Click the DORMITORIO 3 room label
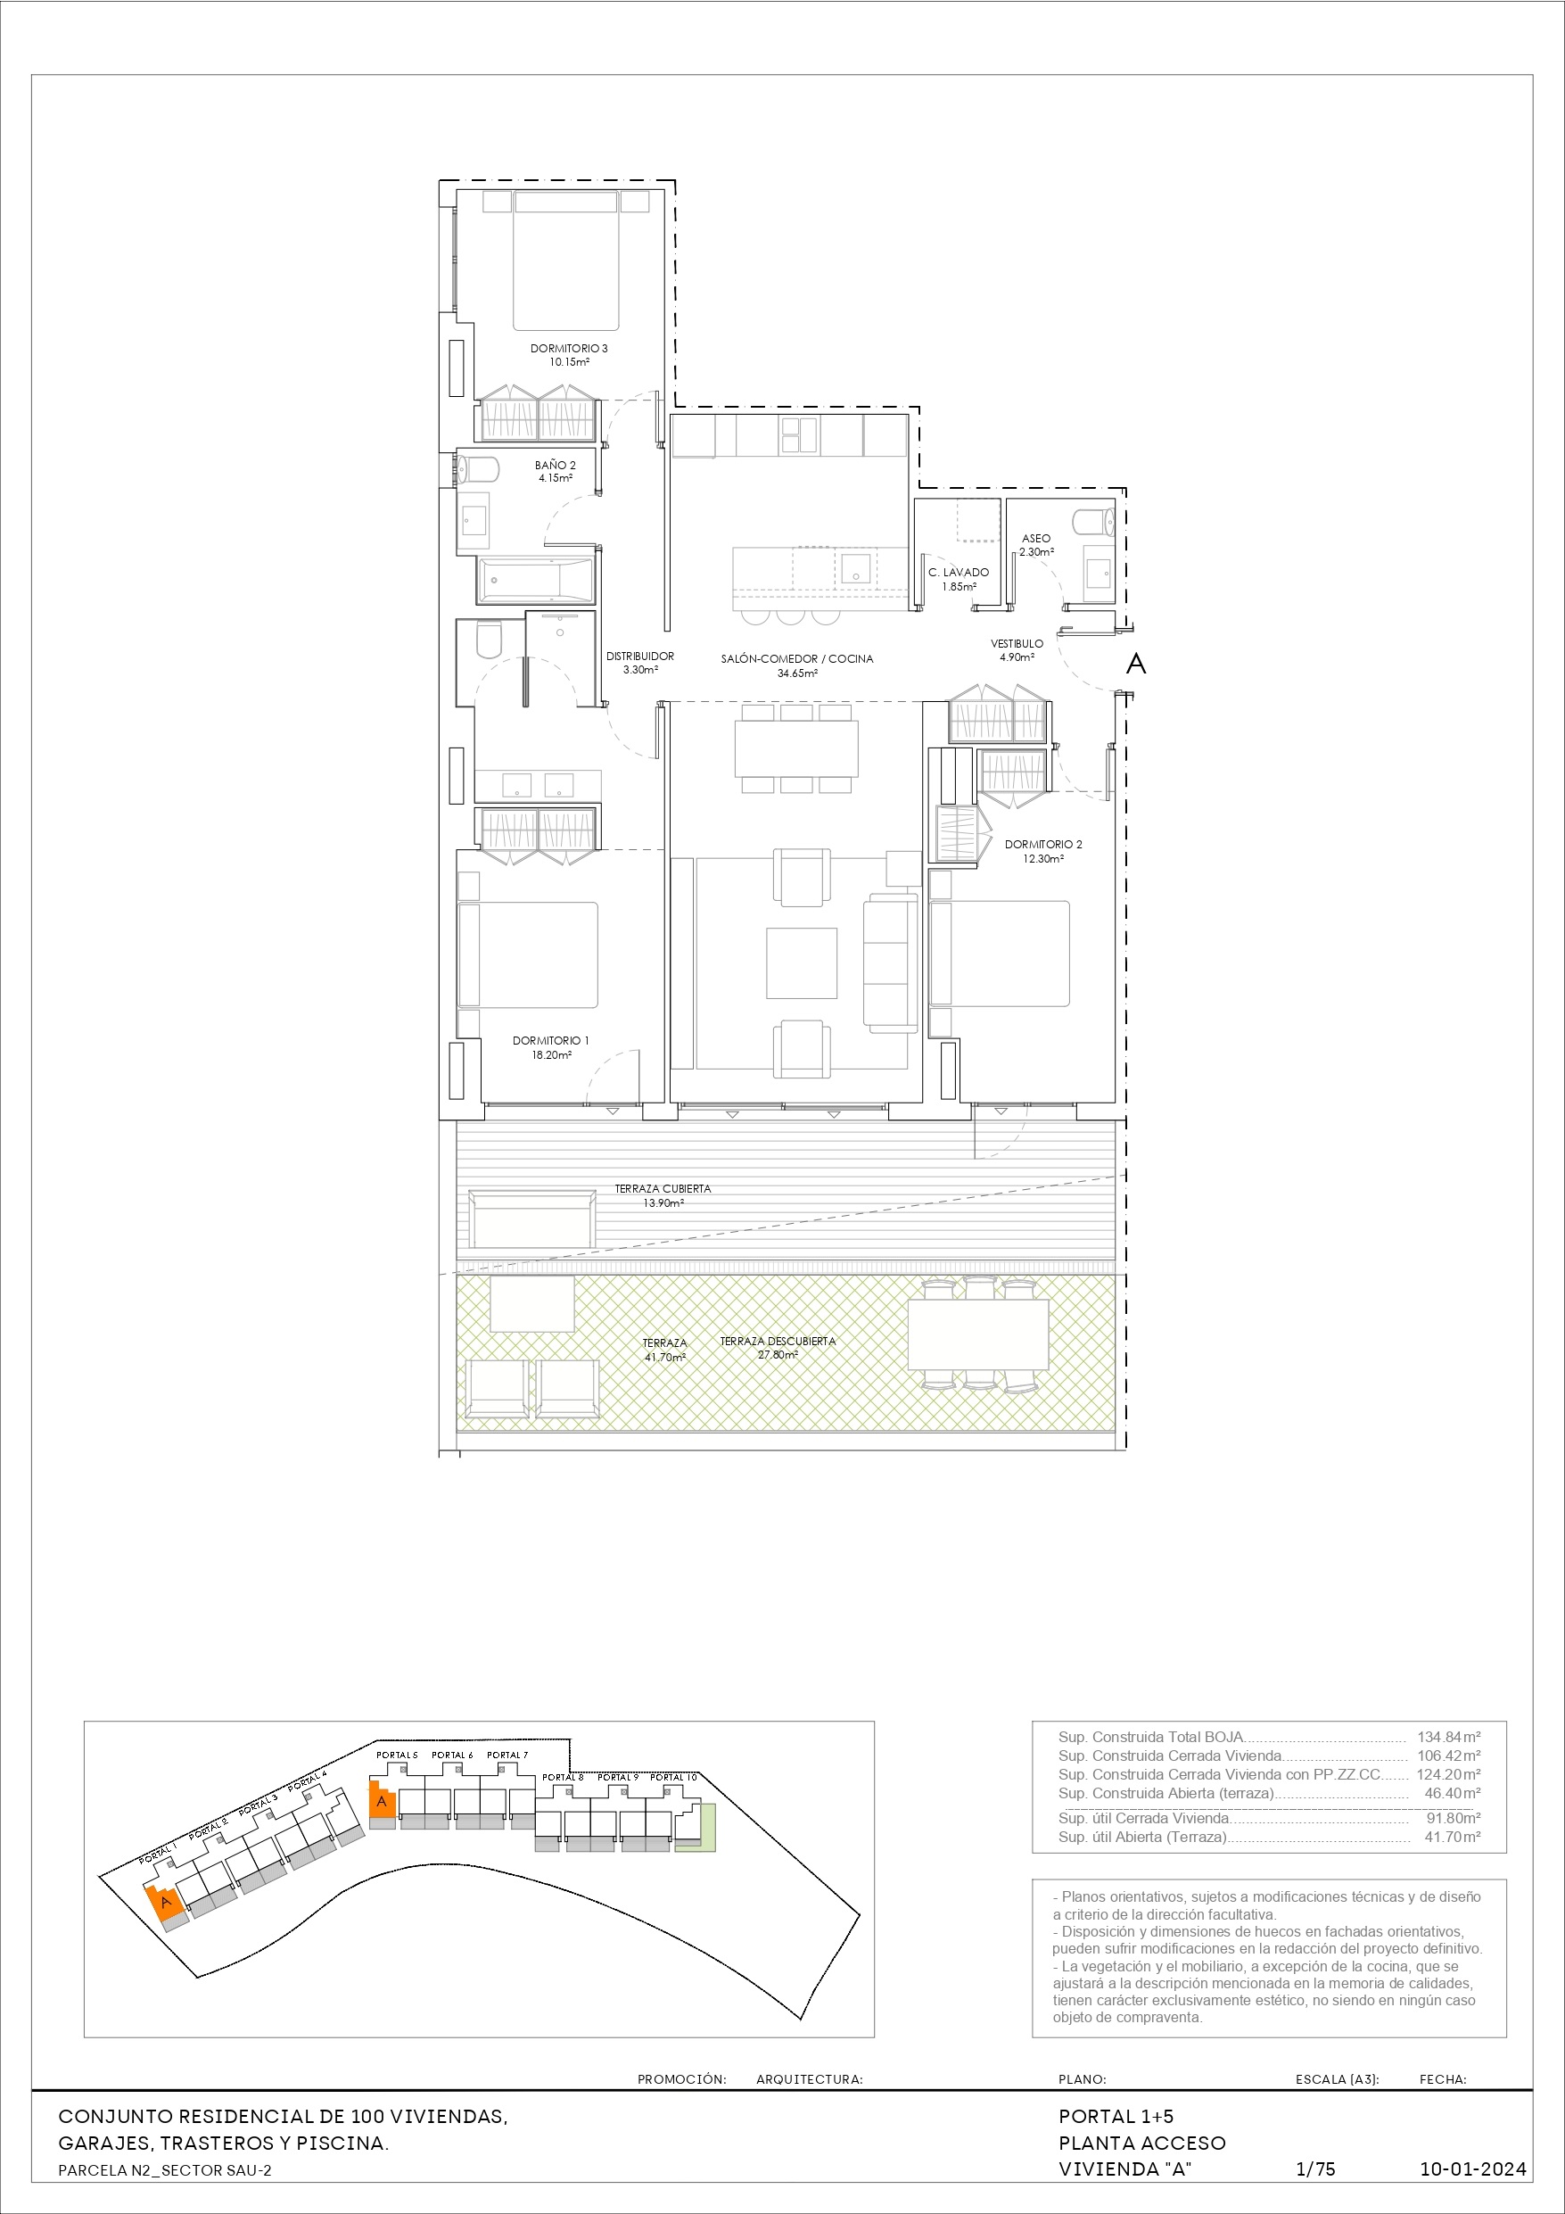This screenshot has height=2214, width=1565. coord(569,348)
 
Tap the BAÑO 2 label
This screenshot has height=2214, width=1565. coord(556,465)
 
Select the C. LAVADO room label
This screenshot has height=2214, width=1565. coord(959,572)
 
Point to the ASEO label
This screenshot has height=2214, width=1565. coord(1036,538)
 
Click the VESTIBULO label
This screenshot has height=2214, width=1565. coord(1017,643)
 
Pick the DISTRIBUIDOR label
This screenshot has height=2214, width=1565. coord(640,656)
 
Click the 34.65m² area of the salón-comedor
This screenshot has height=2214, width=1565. coord(797,673)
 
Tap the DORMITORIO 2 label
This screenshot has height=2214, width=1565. coord(1043,844)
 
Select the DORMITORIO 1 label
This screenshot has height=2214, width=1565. coord(550,1040)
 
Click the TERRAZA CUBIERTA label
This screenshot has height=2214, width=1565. coord(663,1189)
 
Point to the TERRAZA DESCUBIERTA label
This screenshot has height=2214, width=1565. coord(778,1342)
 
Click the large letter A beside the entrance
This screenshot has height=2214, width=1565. coord(1137,664)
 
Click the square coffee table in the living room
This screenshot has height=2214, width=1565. coord(802,962)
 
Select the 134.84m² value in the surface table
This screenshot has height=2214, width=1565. coord(1448,1737)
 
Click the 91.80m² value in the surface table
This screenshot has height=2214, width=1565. coord(1454,1818)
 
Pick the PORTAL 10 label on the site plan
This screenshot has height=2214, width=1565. coord(673,1777)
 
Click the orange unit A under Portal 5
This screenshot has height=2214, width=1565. coord(383,1799)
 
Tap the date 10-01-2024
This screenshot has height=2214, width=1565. coord(1473,2169)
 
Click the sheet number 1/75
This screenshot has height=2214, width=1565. coord(1315,2169)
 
